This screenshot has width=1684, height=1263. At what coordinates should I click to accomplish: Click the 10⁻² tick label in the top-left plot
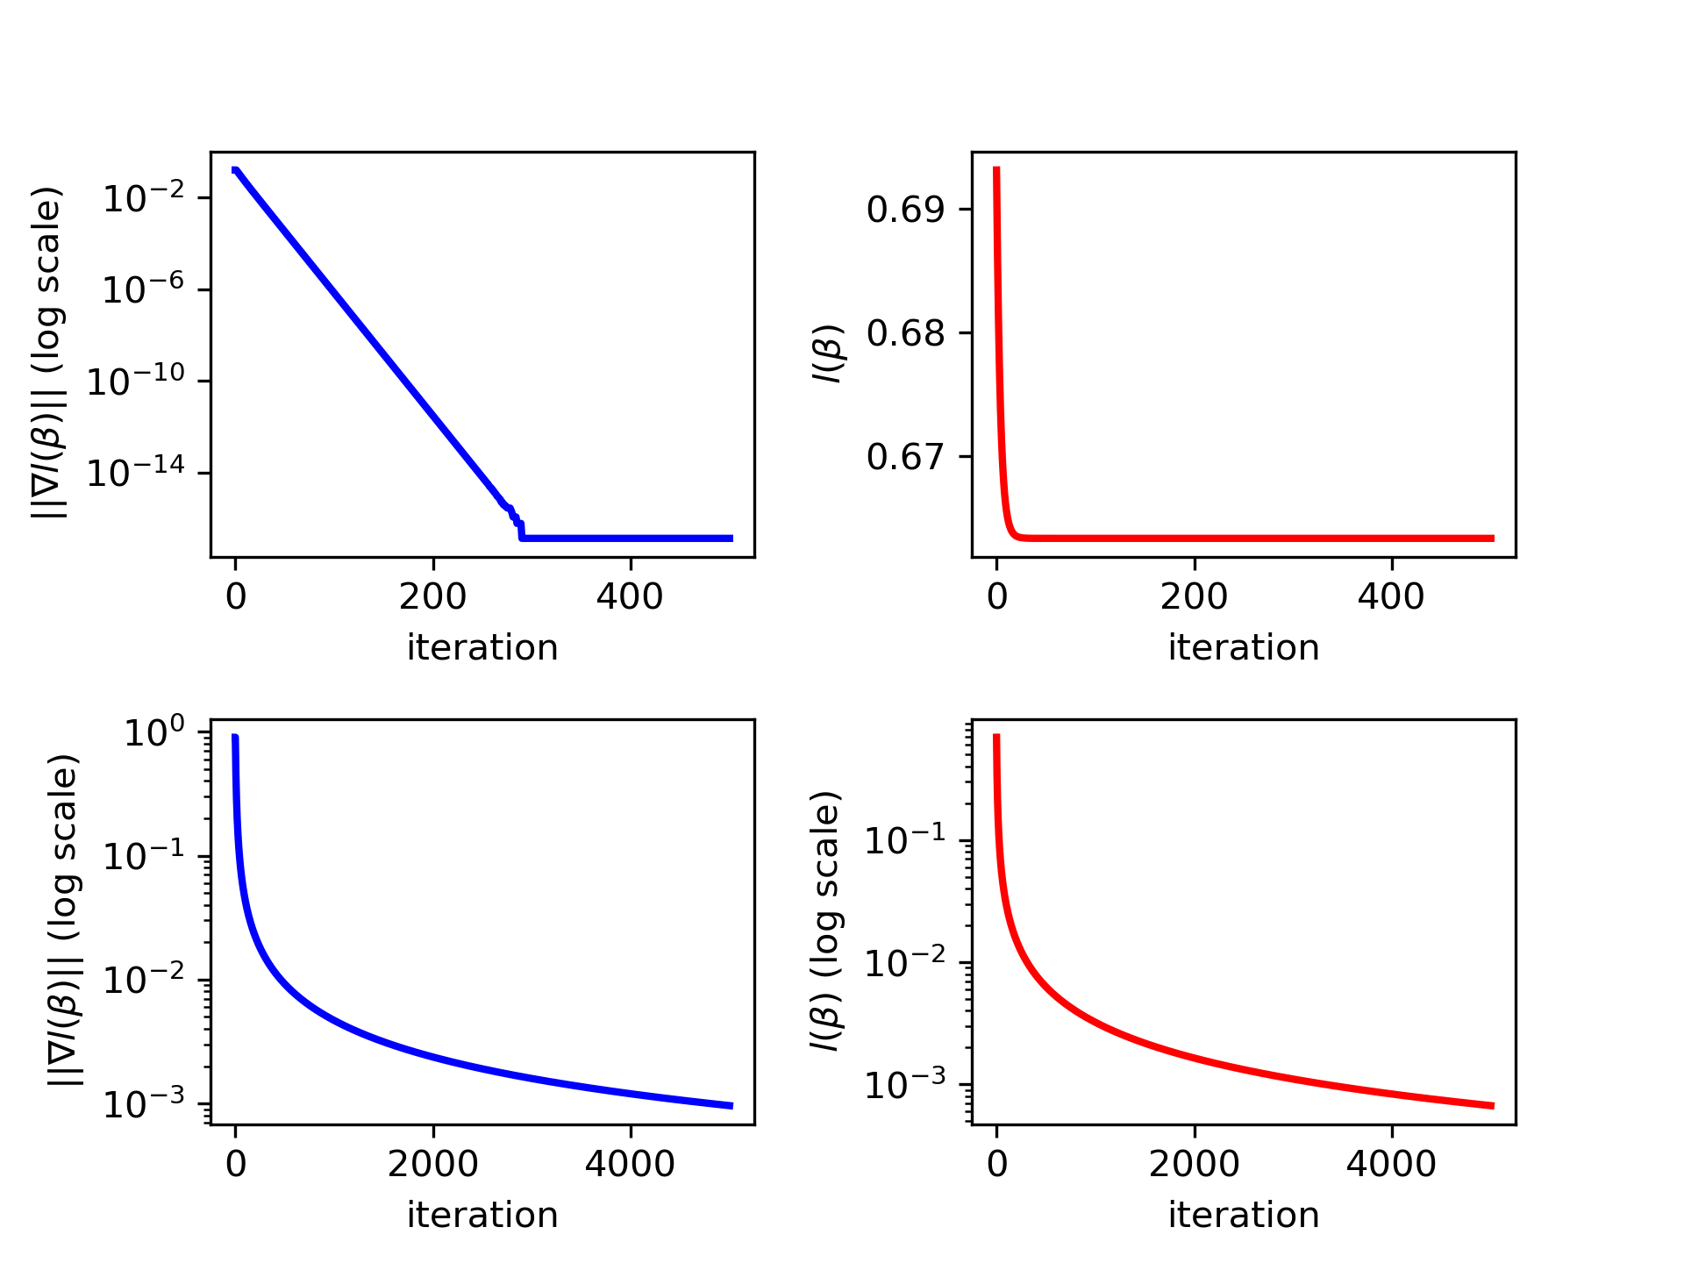[x=144, y=197]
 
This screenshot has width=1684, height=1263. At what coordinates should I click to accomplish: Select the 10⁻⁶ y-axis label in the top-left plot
[x=144, y=289]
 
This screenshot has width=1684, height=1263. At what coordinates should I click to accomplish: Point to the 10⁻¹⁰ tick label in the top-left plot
[x=136, y=382]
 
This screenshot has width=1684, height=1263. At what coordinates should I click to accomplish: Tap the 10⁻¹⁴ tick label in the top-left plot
[x=136, y=474]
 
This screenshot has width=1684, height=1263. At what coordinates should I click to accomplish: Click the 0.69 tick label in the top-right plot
[x=906, y=210]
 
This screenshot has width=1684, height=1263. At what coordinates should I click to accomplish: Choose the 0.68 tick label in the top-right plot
[x=906, y=334]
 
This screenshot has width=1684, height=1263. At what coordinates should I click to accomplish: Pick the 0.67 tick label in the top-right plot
[x=906, y=458]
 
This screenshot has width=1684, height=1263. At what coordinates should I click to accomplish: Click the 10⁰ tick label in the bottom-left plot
[x=154, y=732]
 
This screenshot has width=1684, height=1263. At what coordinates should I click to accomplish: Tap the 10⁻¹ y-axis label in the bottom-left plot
[x=144, y=856]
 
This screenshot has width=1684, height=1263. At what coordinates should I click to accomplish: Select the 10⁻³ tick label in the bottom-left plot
[x=144, y=1104]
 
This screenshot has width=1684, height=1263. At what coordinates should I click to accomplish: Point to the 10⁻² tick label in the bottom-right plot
[x=905, y=963]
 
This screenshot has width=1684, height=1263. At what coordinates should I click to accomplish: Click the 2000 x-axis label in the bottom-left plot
[x=432, y=1164]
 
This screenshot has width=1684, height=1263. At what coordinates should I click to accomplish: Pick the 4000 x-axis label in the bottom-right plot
[x=1390, y=1164]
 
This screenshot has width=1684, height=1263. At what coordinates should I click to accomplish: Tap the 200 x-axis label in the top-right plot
[x=1194, y=597]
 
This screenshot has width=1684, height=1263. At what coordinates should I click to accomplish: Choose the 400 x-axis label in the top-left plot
[x=629, y=597]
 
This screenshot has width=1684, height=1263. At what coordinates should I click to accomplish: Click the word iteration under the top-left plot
[x=482, y=648]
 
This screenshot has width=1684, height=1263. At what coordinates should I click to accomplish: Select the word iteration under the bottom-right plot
[x=1243, y=1216]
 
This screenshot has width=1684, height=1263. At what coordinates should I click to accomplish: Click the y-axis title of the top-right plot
[x=827, y=353]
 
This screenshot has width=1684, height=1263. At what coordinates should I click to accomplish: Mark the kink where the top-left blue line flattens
[x=522, y=537]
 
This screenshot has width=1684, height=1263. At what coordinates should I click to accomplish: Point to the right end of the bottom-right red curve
[x=1492, y=1106]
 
